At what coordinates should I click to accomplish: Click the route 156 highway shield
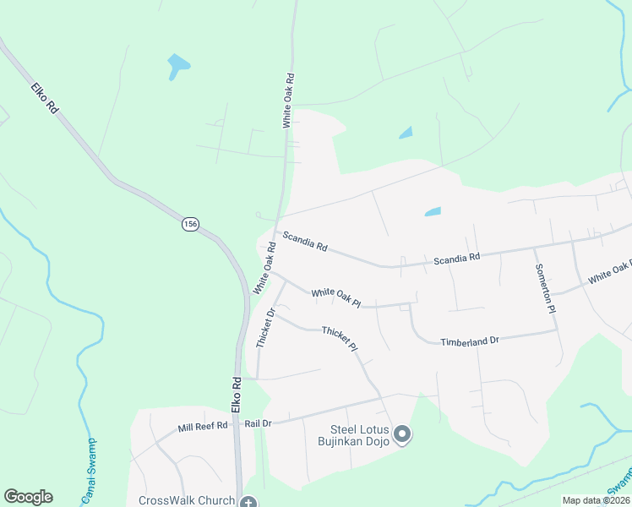click(190, 224)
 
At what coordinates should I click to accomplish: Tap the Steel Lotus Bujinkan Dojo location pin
click(402, 435)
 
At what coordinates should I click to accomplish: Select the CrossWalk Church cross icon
click(248, 502)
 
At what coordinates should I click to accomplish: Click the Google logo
click(28, 497)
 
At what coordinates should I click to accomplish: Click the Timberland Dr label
click(470, 341)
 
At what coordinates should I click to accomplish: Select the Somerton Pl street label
click(545, 288)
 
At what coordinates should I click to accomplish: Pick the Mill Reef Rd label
click(203, 427)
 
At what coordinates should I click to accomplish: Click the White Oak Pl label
click(335, 297)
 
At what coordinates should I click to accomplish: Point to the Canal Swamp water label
click(88, 472)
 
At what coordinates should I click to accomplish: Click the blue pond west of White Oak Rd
click(178, 65)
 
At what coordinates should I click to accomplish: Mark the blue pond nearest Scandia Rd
click(432, 211)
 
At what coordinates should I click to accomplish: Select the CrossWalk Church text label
click(187, 500)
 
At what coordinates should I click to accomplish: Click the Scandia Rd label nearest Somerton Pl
click(456, 257)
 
